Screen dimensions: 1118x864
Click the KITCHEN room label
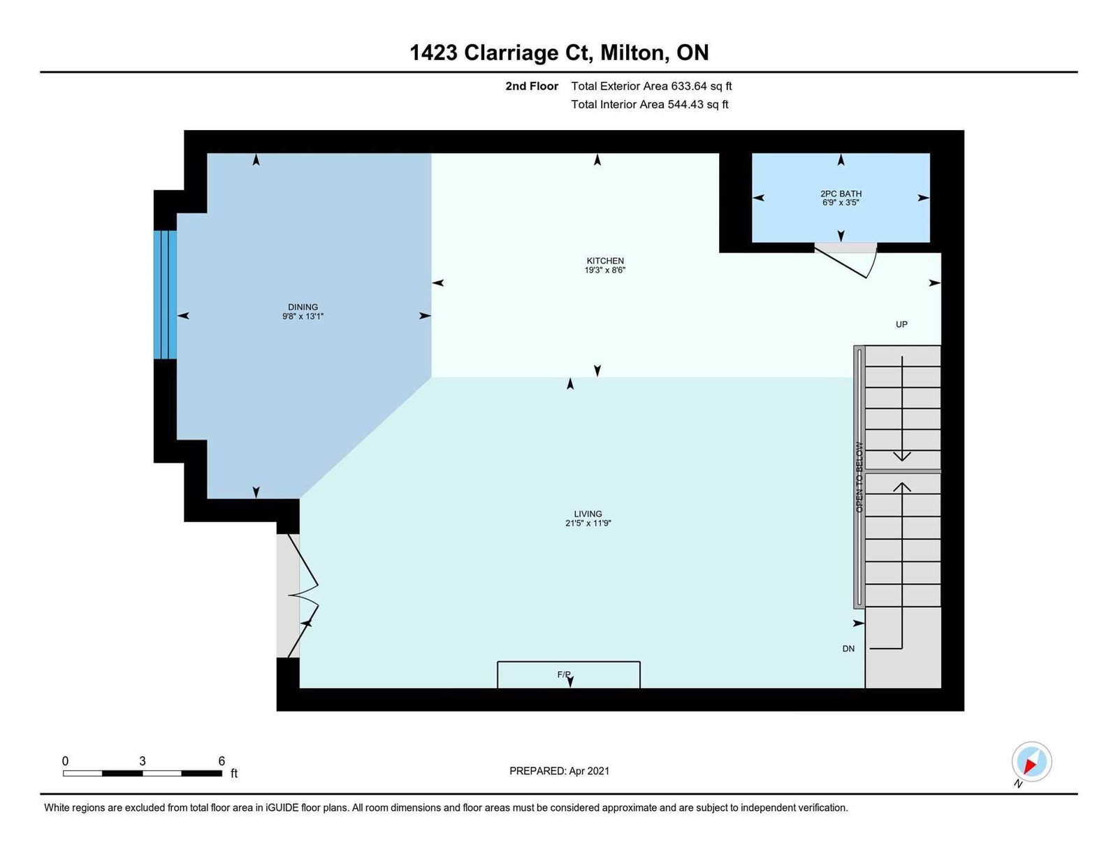605,260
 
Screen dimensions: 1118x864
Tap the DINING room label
303,307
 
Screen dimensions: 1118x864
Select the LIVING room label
588,514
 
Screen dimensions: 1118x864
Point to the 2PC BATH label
841,194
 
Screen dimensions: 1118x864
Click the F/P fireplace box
569,674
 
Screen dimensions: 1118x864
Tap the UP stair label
901,324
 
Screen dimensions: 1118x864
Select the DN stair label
848,649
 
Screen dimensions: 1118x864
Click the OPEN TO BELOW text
859,477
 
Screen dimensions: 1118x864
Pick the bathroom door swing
846,260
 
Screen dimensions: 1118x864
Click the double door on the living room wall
303,596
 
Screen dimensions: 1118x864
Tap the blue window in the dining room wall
165,294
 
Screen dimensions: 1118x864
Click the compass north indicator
1031,762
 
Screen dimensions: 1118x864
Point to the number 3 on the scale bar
142,761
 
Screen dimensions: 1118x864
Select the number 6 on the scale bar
222,761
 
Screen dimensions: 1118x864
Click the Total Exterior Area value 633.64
689,86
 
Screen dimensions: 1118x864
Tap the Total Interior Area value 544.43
685,104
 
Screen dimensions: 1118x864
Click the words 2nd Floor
532,86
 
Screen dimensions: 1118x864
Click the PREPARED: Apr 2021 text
559,771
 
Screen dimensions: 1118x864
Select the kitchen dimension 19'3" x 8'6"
605,270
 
